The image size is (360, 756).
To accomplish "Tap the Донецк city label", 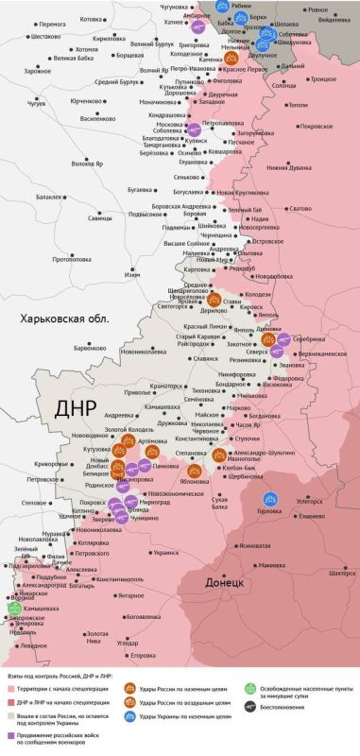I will [225, 583].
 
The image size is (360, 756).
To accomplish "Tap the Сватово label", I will [300, 208].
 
